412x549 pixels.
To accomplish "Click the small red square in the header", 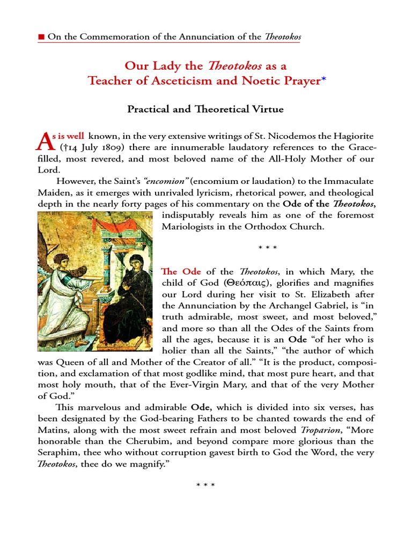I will (x=41, y=37).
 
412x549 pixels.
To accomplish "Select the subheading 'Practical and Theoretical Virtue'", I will (x=205, y=109).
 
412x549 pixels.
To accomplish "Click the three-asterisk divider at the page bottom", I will (x=205, y=486).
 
